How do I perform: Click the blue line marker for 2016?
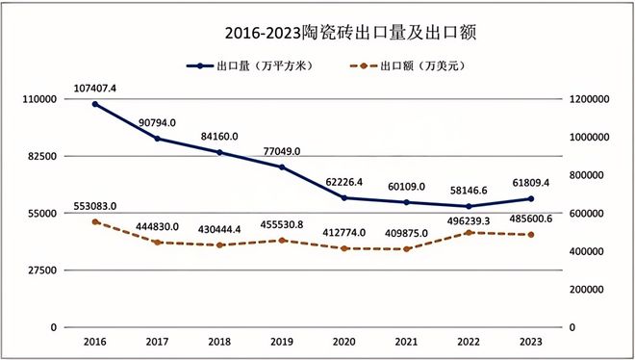95,104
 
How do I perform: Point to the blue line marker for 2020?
345,197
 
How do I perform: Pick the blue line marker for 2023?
532,198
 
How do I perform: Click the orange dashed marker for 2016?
95,221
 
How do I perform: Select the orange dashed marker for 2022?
470,232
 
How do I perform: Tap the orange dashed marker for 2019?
283,240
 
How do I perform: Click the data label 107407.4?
95,89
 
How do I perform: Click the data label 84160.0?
220,136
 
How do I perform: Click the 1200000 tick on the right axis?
592,99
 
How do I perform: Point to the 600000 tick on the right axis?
589,214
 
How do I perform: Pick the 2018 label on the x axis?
220,342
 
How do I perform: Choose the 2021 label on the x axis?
407,342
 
